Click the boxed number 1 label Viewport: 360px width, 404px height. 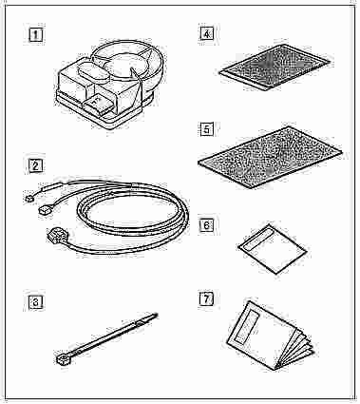(35, 35)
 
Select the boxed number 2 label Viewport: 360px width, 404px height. (35, 165)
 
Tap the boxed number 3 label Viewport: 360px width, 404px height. (35, 302)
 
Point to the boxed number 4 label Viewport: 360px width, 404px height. (206, 33)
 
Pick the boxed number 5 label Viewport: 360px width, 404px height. (206, 129)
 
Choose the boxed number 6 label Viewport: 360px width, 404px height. (206, 225)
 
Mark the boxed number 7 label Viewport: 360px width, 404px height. (206, 298)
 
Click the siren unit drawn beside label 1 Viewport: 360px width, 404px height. (109, 84)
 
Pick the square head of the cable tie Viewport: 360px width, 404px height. (61, 359)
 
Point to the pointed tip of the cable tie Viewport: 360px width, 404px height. (157, 315)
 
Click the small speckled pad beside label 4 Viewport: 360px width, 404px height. (275, 67)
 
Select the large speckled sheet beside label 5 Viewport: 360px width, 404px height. (270, 157)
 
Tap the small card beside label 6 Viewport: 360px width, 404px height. (273, 249)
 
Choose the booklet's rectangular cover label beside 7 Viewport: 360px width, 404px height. (250, 327)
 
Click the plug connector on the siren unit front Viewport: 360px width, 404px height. (97, 105)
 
